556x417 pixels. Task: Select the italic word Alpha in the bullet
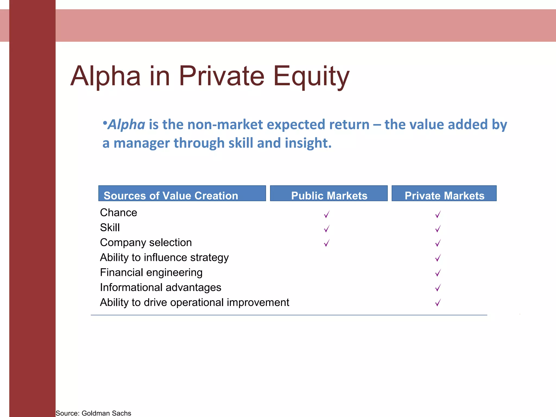(126, 125)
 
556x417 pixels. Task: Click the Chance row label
(118, 213)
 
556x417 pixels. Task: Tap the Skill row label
(110, 228)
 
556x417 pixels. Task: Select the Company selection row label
(146, 242)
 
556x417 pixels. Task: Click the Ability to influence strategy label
(164, 257)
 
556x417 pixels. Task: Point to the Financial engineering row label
(151, 272)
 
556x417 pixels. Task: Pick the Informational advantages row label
(160, 287)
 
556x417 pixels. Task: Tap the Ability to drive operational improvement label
(194, 302)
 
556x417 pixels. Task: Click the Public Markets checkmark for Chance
(327, 214)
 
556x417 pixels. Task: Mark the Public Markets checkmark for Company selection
(327, 243)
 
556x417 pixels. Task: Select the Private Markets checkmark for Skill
(438, 229)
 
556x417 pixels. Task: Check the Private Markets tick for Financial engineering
(438, 273)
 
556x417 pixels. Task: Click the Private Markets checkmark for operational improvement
(438, 302)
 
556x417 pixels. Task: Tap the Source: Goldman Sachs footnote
(93, 413)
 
